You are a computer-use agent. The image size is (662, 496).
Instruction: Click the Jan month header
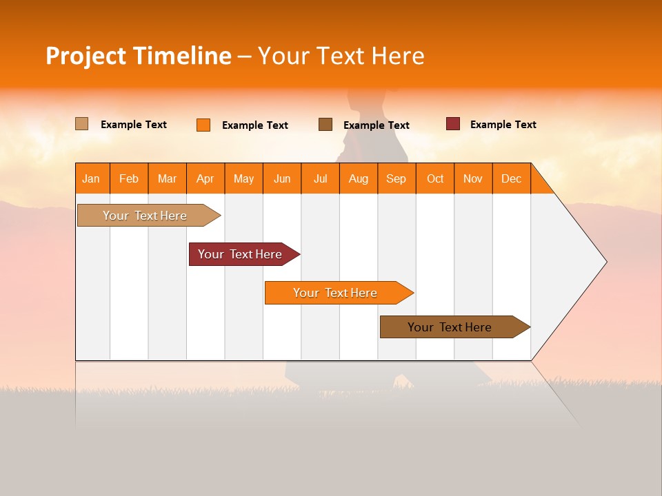[92, 178]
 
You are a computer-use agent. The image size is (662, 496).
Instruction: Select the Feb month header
[129, 178]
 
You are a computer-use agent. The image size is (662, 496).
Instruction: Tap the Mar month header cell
[167, 178]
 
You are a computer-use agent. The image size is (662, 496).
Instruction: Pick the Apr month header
[205, 178]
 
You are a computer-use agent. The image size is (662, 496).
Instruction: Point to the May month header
[243, 178]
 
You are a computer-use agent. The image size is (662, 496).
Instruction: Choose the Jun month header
[282, 178]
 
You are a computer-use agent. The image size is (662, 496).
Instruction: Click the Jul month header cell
[320, 178]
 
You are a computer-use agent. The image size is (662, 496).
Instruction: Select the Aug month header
[359, 178]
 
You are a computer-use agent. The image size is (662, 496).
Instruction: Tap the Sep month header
[397, 178]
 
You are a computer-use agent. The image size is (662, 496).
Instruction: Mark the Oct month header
[435, 178]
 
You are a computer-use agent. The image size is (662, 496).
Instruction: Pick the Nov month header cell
[473, 178]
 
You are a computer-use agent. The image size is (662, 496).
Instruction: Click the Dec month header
[512, 178]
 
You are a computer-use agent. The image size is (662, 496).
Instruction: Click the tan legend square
[81, 124]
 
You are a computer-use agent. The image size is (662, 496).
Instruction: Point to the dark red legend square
[452, 124]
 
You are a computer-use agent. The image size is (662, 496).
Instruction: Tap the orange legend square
[203, 125]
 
